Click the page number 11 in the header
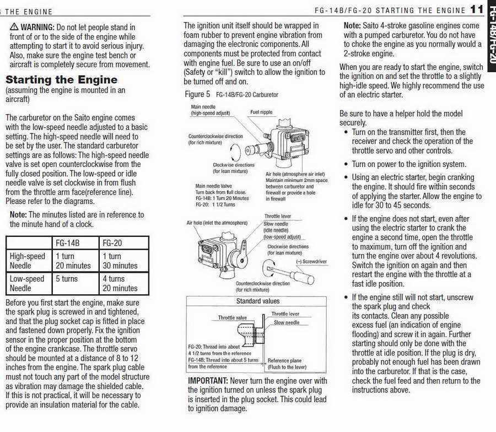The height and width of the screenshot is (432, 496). (477, 9)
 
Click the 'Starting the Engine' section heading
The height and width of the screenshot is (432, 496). (61, 80)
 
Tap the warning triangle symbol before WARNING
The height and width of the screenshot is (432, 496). (14, 28)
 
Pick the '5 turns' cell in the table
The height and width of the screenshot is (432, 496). (67, 279)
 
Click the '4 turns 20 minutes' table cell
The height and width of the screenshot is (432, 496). (120, 283)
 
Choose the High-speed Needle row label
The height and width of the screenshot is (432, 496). (28, 261)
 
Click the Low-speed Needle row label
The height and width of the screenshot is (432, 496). (27, 283)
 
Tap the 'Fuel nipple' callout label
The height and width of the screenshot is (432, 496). (261, 112)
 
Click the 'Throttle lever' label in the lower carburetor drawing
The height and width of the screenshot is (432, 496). (278, 217)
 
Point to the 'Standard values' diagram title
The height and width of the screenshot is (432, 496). (258, 301)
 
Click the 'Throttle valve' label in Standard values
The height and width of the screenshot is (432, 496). (233, 318)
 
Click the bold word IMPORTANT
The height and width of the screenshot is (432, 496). (207, 381)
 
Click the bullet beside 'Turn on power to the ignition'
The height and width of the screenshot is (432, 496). (346, 164)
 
